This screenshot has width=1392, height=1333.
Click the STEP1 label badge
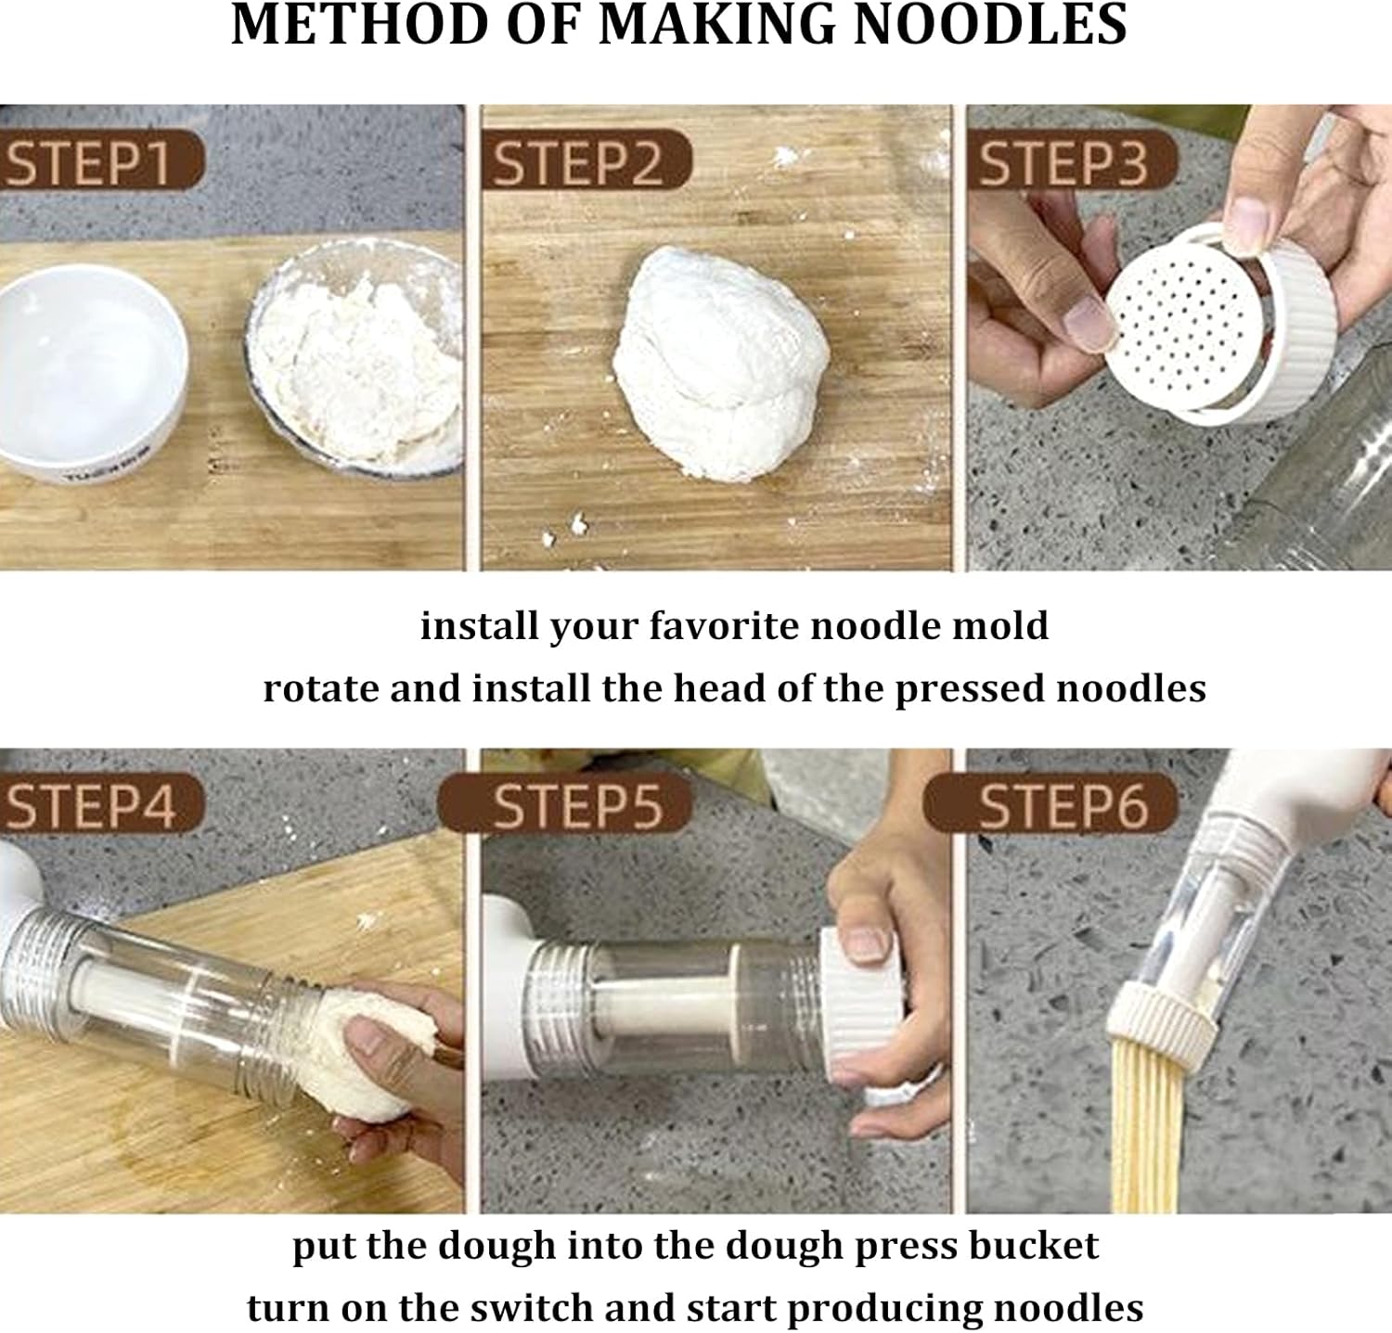point(93,161)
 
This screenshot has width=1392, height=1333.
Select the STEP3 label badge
point(1067,161)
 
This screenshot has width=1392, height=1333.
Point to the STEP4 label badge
point(93,803)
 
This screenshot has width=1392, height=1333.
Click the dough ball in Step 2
point(719,362)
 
